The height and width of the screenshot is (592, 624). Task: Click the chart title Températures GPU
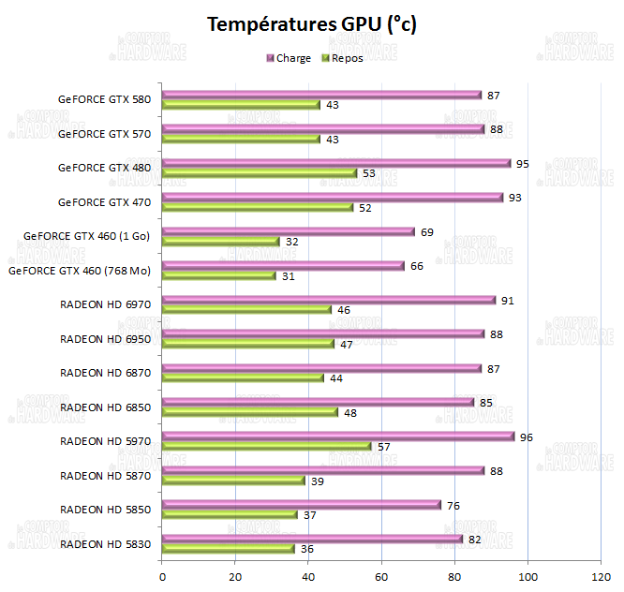[x=312, y=24]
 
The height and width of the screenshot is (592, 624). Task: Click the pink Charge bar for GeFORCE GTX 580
[x=321, y=95]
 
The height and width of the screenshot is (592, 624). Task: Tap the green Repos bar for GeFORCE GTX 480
[x=260, y=172]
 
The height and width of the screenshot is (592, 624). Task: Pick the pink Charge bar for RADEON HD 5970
[x=338, y=437]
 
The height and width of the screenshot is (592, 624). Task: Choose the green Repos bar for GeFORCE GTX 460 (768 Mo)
[x=219, y=275]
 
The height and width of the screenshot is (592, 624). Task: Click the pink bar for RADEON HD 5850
[x=302, y=505]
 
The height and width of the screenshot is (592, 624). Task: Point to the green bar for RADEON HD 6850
[x=250, y=412]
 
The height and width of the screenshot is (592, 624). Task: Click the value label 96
[x=527, y=437]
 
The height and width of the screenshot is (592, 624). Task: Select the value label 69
[x=427, y=231]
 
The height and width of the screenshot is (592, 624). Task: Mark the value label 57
[x=384, y=447]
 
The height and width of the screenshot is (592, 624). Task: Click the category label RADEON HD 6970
[x=105, y=304]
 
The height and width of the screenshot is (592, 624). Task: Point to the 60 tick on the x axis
[x=382, y=576]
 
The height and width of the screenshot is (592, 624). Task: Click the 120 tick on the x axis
[x=601, y=576]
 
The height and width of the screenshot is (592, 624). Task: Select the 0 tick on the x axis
[x=163, y=576]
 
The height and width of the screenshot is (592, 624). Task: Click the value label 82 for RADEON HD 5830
[x=475, y=540]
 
